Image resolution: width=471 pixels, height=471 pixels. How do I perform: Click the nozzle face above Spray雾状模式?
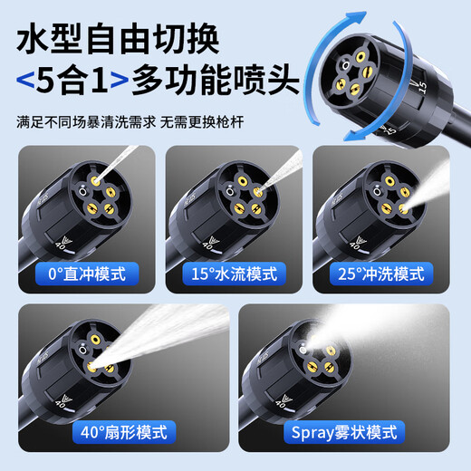click(x=319, y=349)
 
